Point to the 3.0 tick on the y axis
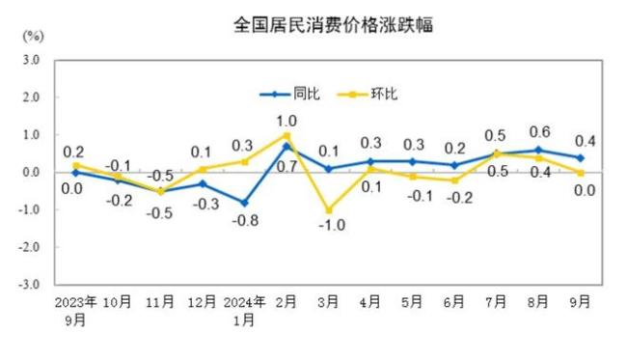tap(31, 60)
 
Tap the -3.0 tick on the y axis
tap(29, 286)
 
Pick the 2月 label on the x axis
tap(287, 301)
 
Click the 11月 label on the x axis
tap(161, 301)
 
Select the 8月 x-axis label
tap(539, 301)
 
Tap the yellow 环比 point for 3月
tap(330, 210)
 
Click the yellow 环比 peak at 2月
tap(287, 136)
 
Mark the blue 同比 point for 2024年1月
tap(245, 203)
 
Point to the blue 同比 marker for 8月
tap(539, 150)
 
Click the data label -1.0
tap(328, 226)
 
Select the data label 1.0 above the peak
tap(286, 121)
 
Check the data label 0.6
tap(540, 132)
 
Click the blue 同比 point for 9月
tap(582, 157)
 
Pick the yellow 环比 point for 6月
tap(455, 180)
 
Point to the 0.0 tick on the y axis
tap(31, 173)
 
